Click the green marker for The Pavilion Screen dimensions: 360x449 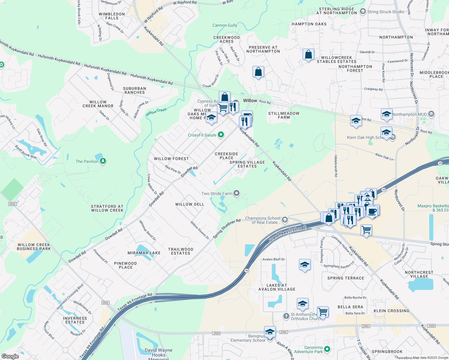click(x=103, y=161)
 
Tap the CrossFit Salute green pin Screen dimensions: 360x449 click(x=221, y=135)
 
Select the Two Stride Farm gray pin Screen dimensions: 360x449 click(x=237, y=193)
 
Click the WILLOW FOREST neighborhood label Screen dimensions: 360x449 click(x=171, y=159)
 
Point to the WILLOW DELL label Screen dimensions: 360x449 click(x=190, y=204)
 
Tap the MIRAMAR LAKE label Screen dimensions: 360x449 click(x=144, y=253)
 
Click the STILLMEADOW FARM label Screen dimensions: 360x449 click(x=284, y=115)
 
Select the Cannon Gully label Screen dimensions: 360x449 click(x=225, y=25)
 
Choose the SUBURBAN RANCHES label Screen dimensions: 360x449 click(x=134, y=90)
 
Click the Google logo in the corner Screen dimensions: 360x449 click(x=10, y=356)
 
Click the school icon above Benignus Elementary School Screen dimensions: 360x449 click(x=270, y=332)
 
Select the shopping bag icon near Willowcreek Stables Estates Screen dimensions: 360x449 click(x=308, y=55)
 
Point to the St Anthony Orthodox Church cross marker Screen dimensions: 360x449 click(x=286, y=316)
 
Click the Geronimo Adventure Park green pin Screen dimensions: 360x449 click(x=327, y=349)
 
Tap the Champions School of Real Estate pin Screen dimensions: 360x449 click(x=285, y=220)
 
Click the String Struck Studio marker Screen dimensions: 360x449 click(x=363, y=12)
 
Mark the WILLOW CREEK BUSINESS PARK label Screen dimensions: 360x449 click(x=34, y=247)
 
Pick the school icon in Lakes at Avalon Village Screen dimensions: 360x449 click(x=305, y=265)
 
